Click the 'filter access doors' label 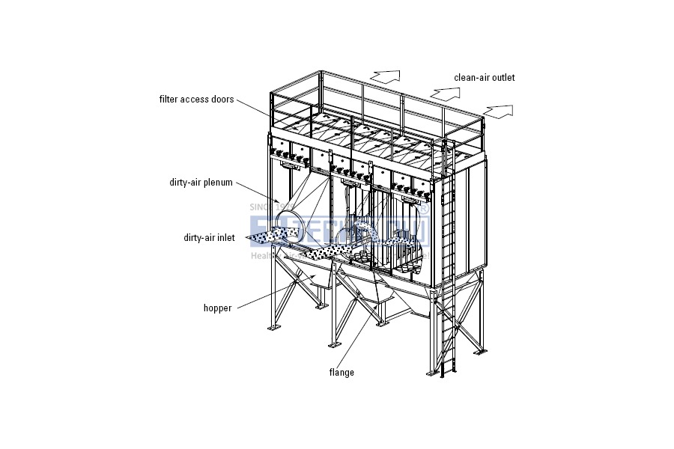coord(196,99)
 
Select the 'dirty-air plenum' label coord(201,182)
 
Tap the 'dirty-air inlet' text coord(209,238)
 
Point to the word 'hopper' coord(216,308)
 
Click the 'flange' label coord(341,372)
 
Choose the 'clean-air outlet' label coord(484,77)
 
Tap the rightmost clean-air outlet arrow coord(500,112)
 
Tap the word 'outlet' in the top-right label coord(502,77)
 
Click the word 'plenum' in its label coord(218,182)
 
